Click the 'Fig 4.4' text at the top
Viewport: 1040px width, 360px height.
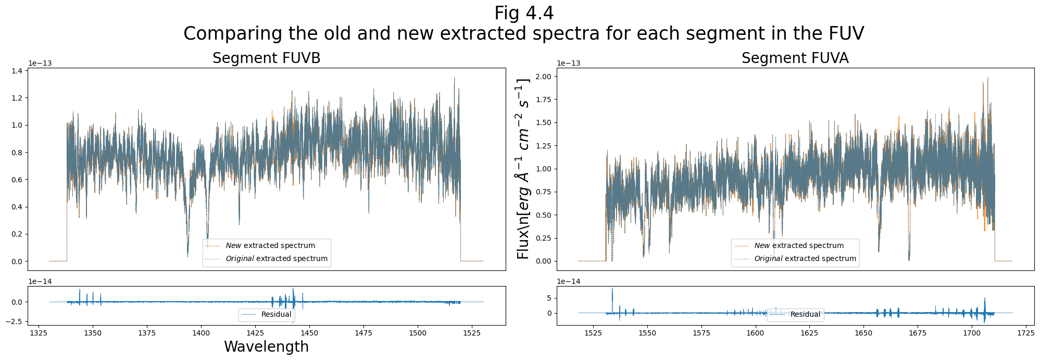[x=523, y=13]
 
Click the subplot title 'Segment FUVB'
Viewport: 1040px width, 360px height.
[x=266, y=58]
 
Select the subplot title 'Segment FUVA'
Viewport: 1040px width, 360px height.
[x=795, y=58]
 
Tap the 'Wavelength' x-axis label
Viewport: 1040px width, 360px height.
[x=266, y=347]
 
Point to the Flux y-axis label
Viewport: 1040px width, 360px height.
[x=522, y=169]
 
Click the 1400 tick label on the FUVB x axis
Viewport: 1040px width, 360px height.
[x=201, y=332]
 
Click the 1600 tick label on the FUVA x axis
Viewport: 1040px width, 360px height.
[x=755, y=332]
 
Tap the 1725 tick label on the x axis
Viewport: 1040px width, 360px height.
[x=1025, y=332]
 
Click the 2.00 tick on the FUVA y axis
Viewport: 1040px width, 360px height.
[x=543, y=77]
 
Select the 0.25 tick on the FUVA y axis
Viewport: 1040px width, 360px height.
[x=543, y=238]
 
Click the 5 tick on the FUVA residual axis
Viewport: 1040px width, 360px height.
[x=548, y=299]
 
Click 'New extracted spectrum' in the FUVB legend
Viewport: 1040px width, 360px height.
[x=270, y=245]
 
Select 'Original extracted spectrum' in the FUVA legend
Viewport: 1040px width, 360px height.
[x=805, y=258]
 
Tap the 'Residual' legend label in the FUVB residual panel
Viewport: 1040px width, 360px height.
[x=276, y=314]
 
